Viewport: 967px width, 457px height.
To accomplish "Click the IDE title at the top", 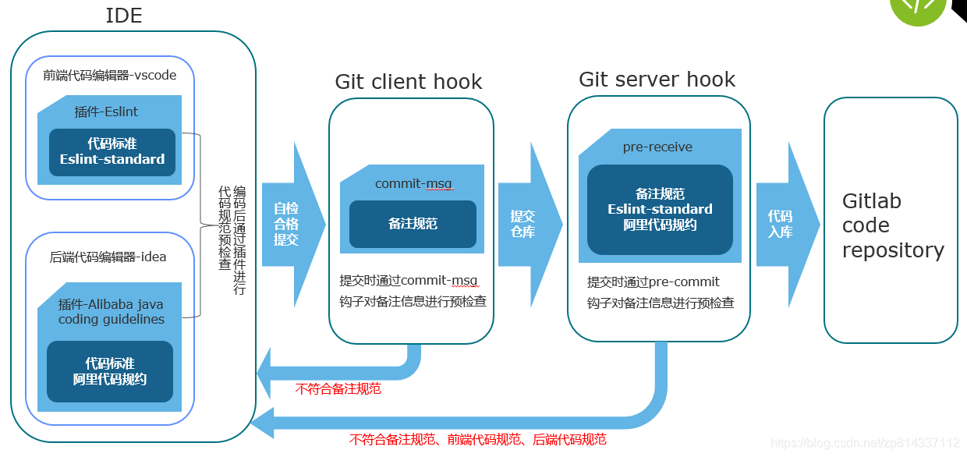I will point(124,16).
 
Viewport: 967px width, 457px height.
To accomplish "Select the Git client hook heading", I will point(408,82).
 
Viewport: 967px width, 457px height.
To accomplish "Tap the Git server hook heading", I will point(657,79).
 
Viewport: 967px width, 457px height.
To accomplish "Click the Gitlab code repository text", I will point(892,225).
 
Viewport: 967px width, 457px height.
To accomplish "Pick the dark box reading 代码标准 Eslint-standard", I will point(112,152).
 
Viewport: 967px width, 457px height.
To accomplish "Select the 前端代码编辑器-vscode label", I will point(110,76).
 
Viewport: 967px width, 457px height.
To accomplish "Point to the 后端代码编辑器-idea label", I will point(108,257).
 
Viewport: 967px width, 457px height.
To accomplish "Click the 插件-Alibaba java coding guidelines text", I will point(111,311).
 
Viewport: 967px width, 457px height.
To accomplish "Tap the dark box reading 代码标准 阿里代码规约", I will point(110,371).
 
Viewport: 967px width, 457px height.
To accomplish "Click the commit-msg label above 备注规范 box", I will point(413,184).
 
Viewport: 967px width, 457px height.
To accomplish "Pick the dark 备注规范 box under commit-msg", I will point(413,224).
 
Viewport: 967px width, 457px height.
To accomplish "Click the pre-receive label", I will point(657,147).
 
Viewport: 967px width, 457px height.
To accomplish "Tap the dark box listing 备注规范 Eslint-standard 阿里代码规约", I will point(660,209).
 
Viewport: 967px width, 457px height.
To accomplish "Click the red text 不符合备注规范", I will point(338,388).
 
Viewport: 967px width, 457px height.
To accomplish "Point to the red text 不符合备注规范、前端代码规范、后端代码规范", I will point(477,440).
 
